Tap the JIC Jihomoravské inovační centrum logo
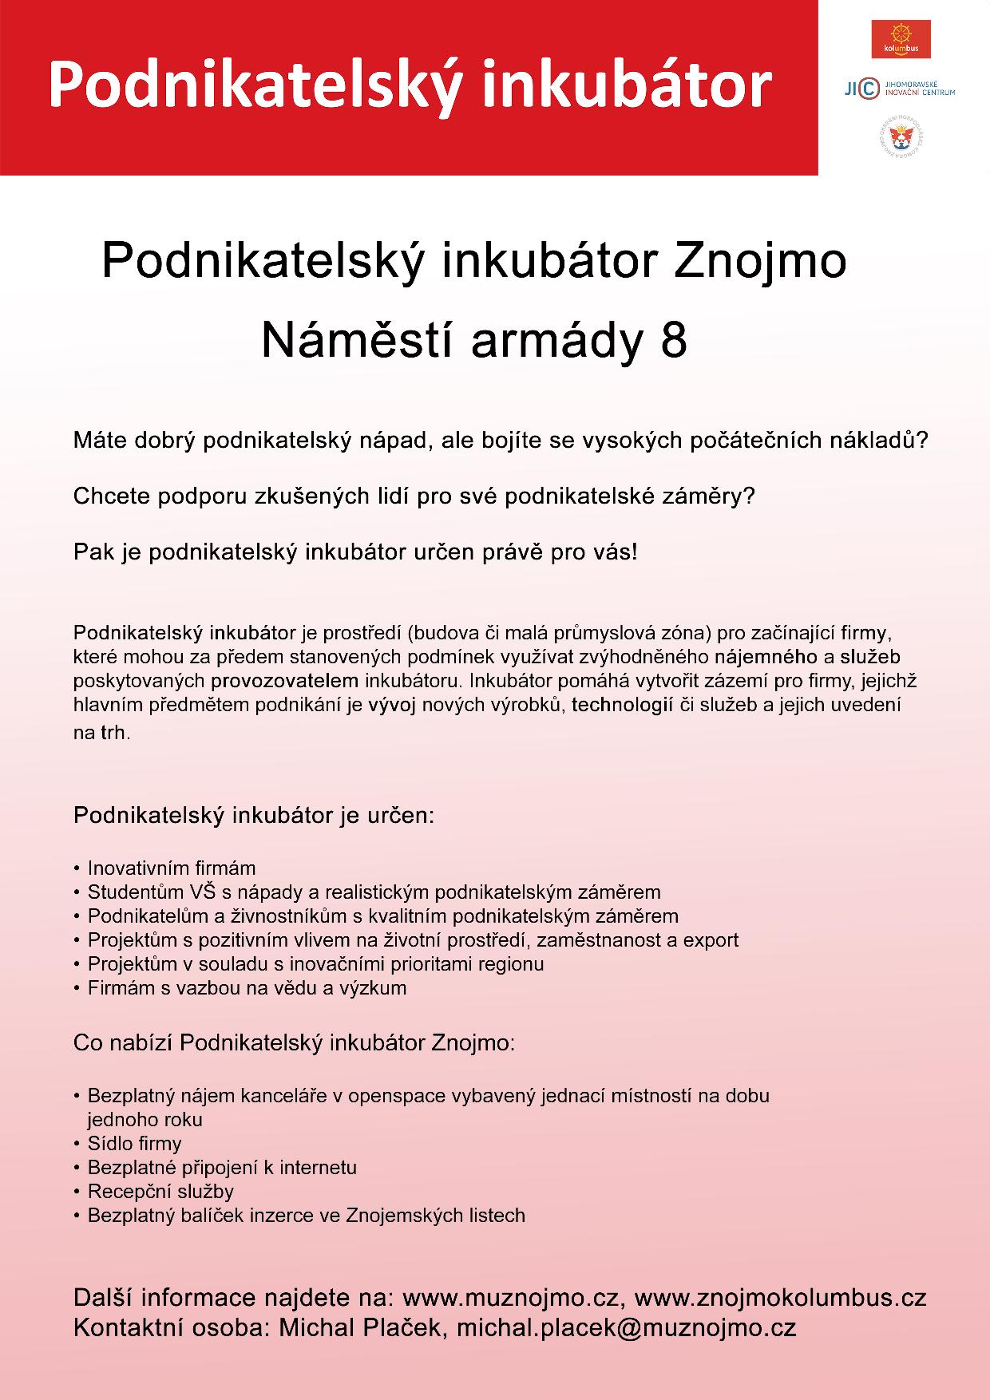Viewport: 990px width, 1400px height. pos(900,88)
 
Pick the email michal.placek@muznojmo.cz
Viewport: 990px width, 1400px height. pos(626,1327)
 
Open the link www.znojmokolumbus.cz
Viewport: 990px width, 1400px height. pos(780,1298)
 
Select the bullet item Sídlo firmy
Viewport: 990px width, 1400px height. pos(134,1144)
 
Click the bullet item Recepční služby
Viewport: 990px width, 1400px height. pos(160,1192)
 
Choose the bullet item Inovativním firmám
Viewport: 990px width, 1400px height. pos(171,868)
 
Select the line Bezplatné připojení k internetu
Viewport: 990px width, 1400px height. pos(222,1168)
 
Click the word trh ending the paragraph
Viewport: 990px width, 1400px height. pos(113,733)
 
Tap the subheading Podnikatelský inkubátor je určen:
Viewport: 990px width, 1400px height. pos(254,816)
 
